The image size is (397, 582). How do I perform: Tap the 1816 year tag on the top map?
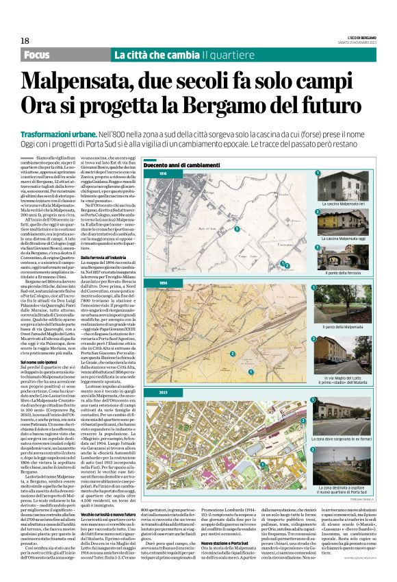tap(164, 175)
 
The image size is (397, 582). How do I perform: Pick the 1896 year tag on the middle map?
tap(164, 282)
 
